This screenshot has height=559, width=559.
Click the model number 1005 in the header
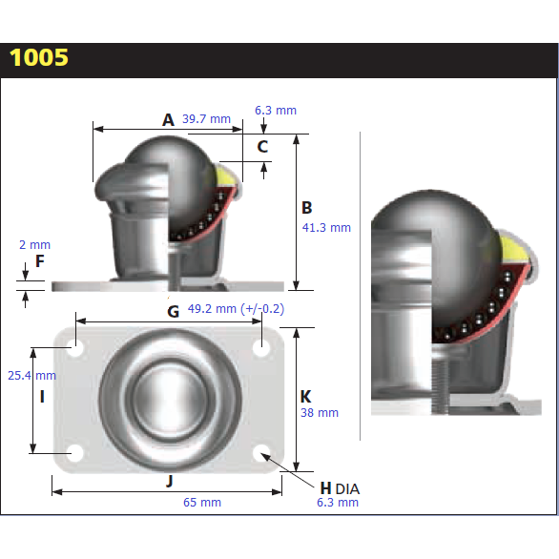39,57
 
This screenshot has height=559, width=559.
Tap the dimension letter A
168,119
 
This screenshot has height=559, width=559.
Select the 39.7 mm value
206,119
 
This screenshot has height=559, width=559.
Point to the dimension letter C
262,146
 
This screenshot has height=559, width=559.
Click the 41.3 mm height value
326,228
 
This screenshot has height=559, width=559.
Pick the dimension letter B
307,207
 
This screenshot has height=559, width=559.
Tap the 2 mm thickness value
33,245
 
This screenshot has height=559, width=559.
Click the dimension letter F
39,260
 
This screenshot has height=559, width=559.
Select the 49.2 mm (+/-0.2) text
236,309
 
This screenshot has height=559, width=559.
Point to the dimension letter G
173,311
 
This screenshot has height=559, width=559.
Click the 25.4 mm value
31,376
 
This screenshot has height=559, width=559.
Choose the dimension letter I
41,394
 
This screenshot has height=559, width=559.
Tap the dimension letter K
305,395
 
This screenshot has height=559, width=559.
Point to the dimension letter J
169,482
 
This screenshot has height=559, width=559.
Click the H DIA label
339,487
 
